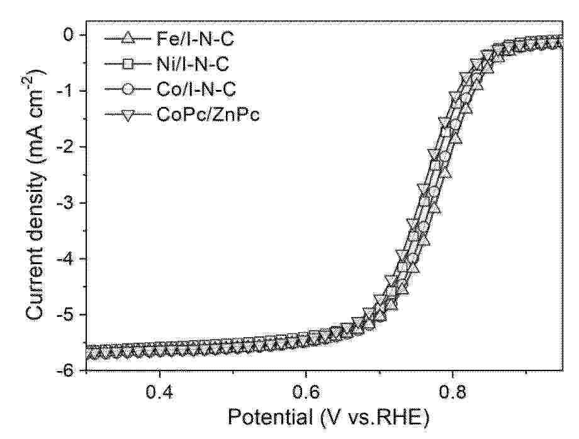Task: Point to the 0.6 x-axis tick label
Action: coord(306,391)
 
